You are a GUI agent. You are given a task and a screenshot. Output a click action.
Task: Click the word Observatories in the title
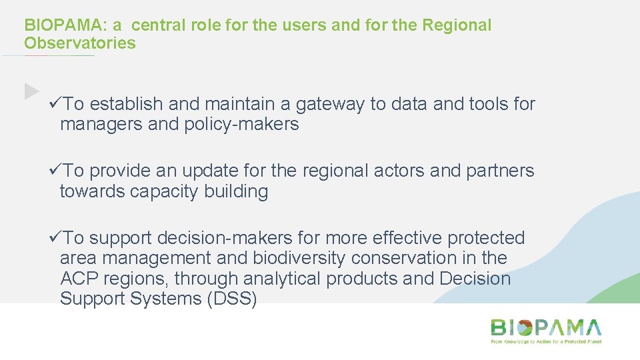[80, 43]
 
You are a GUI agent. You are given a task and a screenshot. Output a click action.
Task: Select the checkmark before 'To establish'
[56, 104]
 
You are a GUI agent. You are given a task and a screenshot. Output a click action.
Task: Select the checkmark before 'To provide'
[56, 171]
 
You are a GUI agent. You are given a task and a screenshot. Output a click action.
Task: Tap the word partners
[501, 171]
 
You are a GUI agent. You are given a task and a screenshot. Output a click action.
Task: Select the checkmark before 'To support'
[56, 238]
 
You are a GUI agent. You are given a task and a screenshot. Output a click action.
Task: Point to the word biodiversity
[299, 258]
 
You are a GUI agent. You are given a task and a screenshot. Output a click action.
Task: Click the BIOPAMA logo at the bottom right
[546, 328]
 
